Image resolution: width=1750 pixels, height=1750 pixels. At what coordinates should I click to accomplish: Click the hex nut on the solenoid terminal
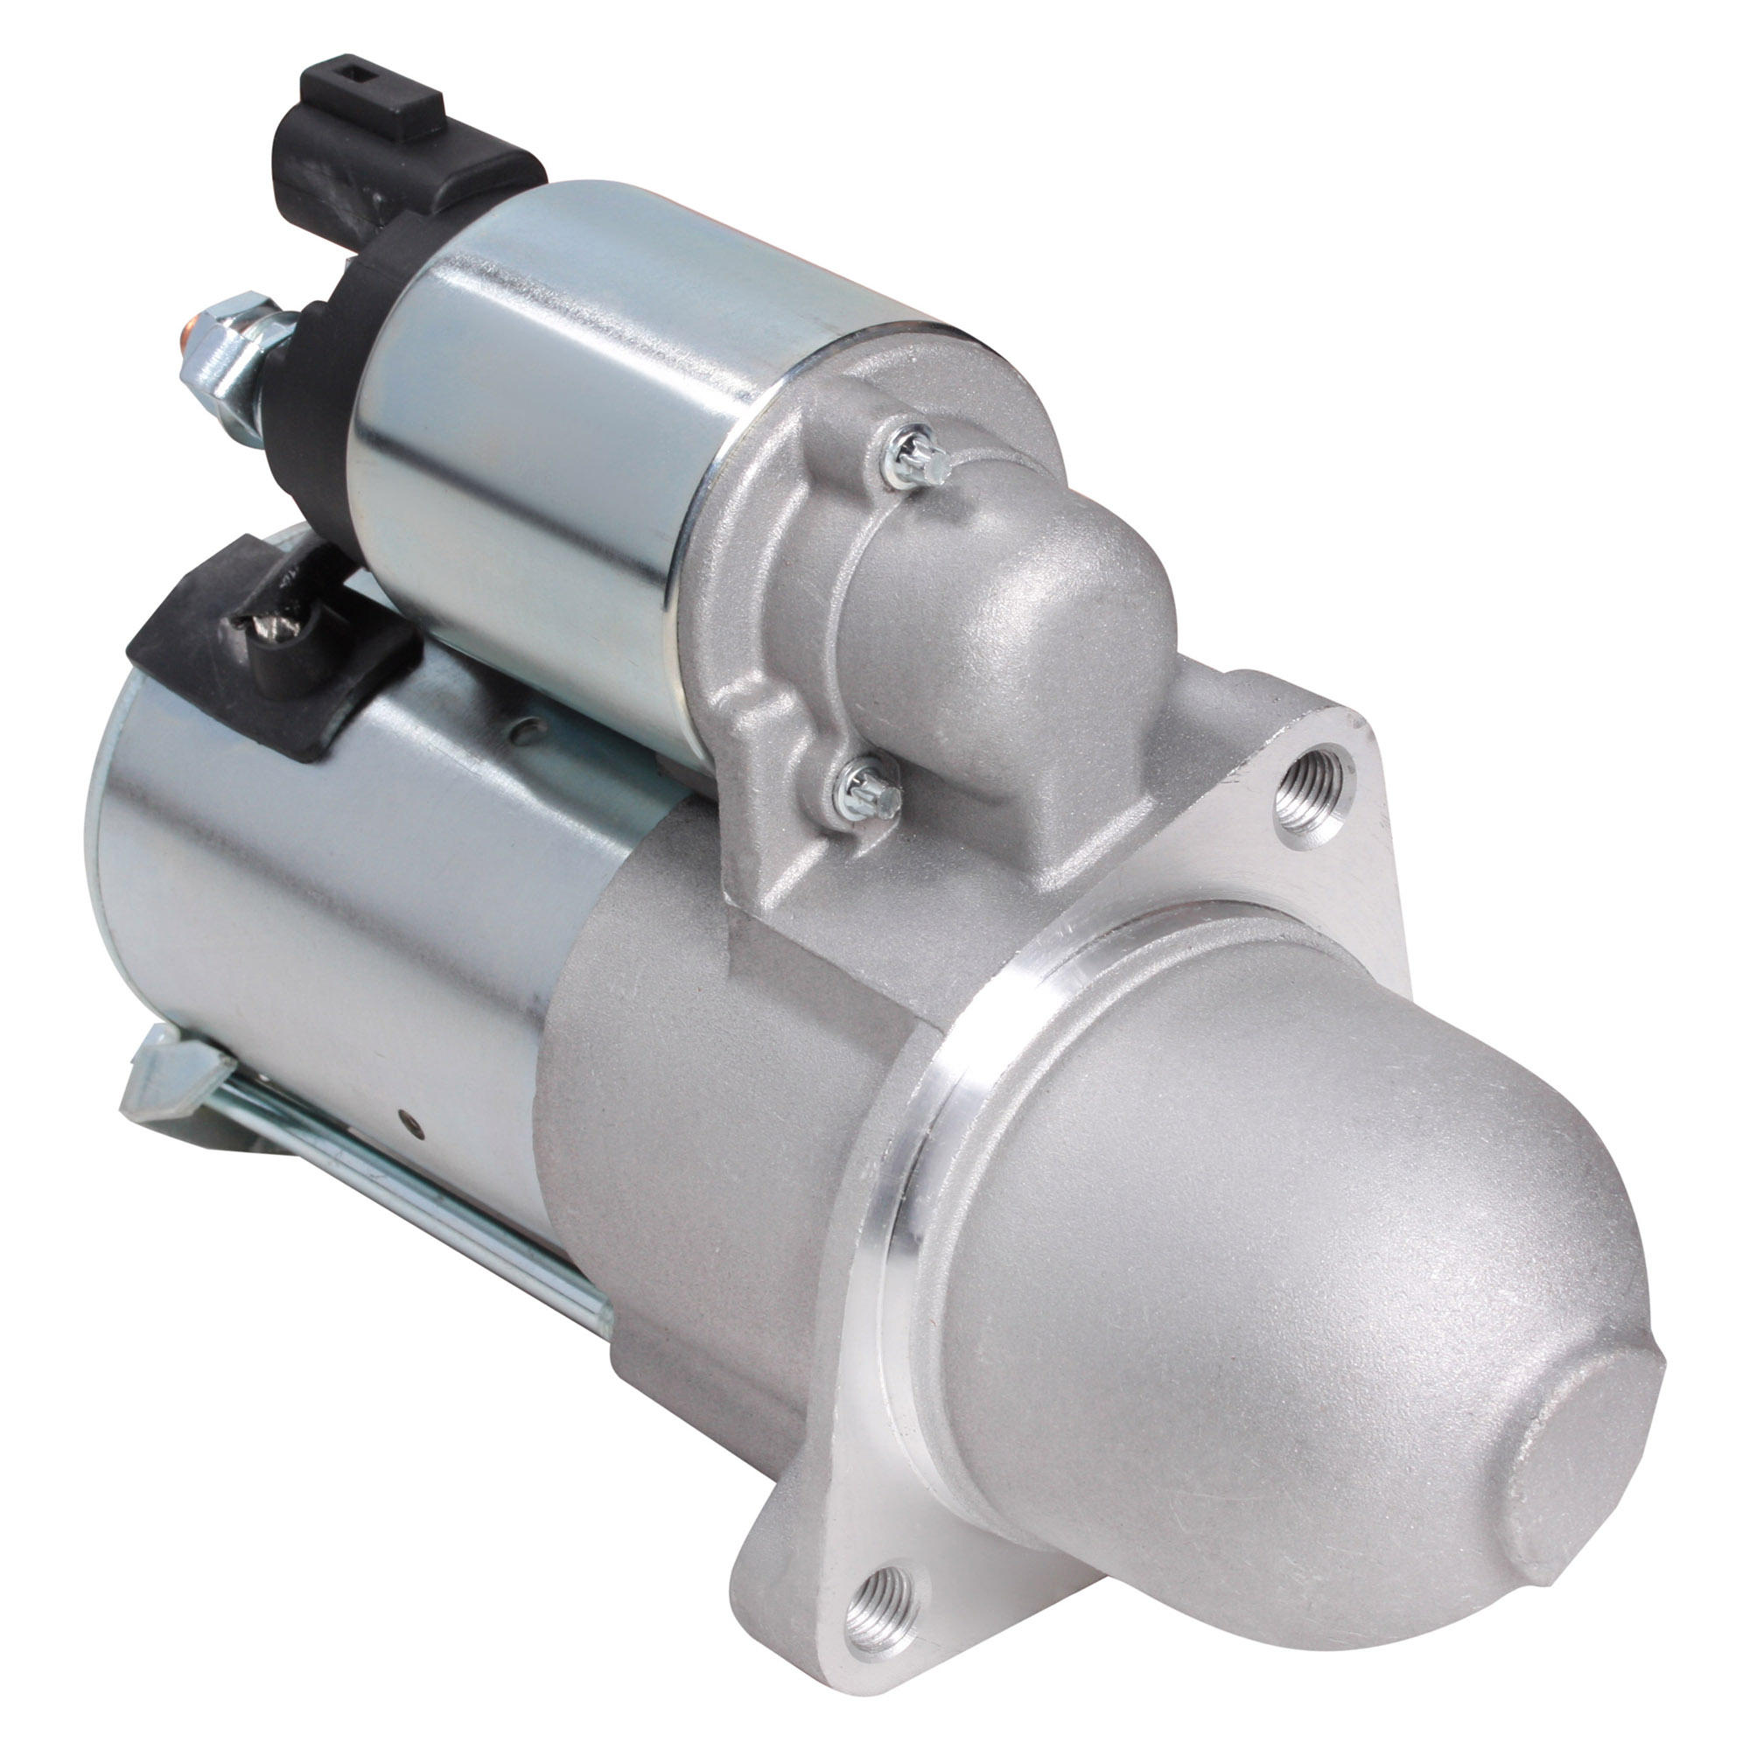point(237,344)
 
